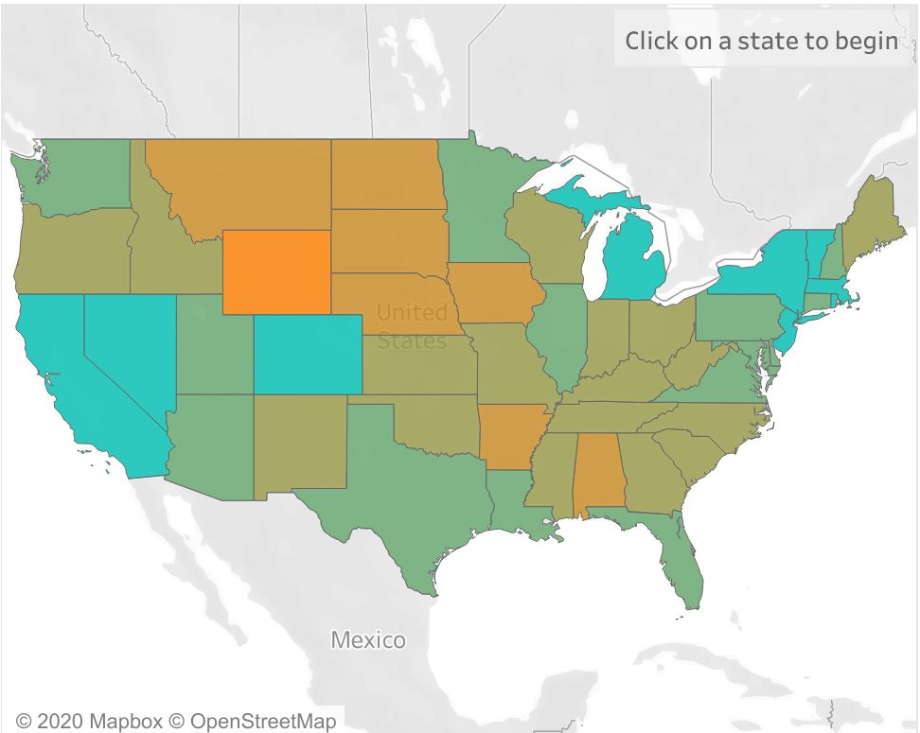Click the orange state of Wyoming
pos(276,271)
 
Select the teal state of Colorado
pos(307,353)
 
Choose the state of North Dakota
pos(385,174)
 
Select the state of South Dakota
pos(387,240)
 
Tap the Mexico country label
pos(367,640)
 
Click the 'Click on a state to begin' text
pos(761,41)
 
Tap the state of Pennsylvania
pos(737,318)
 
